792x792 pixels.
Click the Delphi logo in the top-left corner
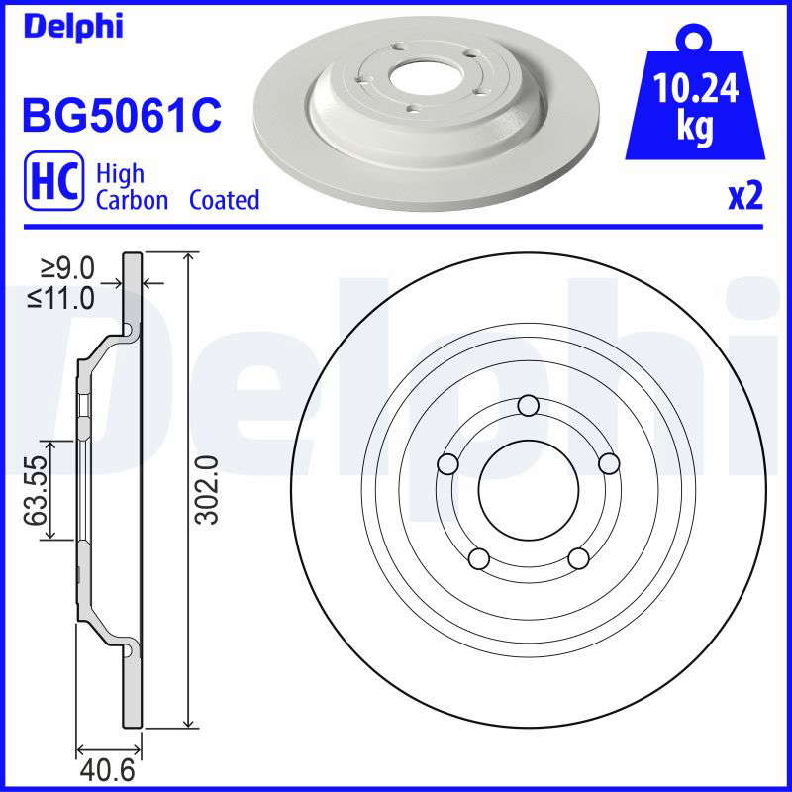click(73, 27)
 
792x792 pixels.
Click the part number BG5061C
click(122, 116)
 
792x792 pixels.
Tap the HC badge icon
click(53, 180)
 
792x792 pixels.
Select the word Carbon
click(132, 200)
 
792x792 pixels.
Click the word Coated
click(225, 200)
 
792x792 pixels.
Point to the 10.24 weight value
click(696, 88)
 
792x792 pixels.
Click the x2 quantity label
click(745, 196)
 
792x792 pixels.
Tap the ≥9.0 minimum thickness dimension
click(67, 268)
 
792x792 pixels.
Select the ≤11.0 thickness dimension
click(61, 298)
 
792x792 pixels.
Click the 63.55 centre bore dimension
click(37, 490)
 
